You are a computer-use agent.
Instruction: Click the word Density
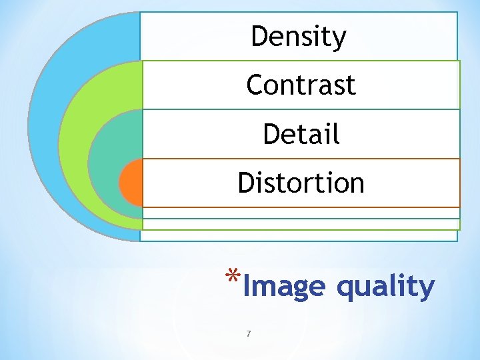[x=299, y=37]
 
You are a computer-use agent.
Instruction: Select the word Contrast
[x=301, y=85]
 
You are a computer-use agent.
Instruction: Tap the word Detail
[x=301, y=134]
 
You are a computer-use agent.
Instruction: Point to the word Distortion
[x=301, y=183]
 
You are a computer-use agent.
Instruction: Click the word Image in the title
[x=284, y=287]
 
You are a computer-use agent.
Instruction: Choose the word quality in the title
[x=385, y=287]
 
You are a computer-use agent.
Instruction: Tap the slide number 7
[x=248, y=333]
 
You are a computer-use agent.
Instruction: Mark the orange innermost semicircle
[x=131, y=183]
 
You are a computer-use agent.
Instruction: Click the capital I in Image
[x=246, y=286]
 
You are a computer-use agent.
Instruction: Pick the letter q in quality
[x=345, y=289]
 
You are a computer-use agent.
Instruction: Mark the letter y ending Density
[x=340, y=39]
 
